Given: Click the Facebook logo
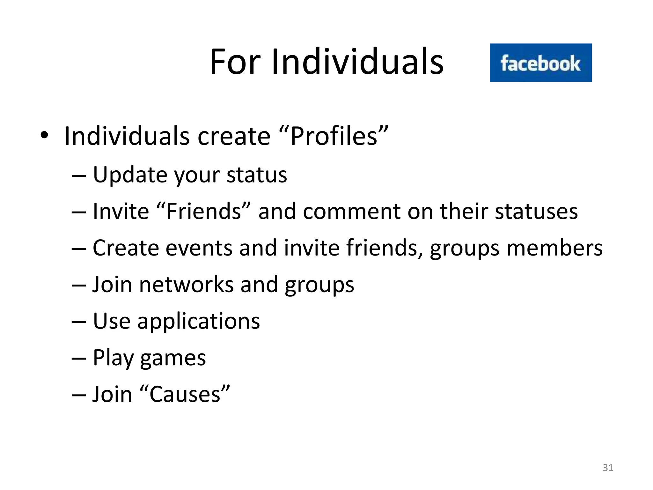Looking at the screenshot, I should [540, 63].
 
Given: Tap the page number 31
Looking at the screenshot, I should [608, 468].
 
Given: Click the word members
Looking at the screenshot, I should [554, 248].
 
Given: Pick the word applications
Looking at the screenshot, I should [199, 321].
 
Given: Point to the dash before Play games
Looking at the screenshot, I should [79, 358].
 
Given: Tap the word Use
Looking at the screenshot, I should [112, 321].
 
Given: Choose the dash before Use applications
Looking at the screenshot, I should [79, 321].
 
